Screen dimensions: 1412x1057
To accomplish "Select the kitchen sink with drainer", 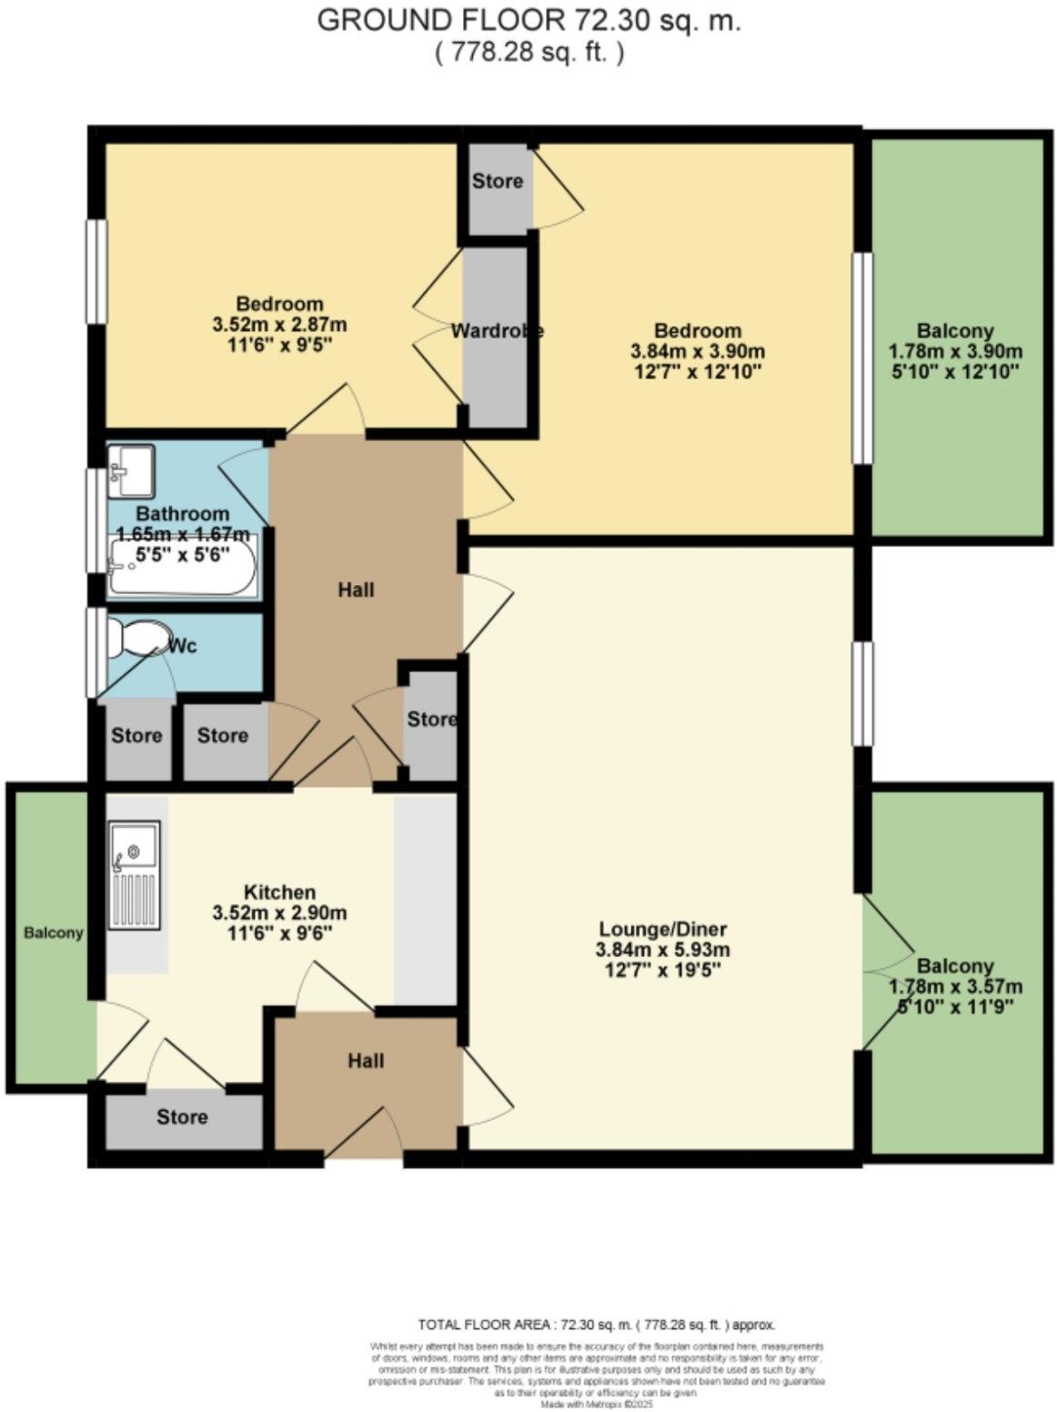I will pos(135,874).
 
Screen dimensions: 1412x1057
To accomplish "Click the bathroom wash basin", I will pos(132,470).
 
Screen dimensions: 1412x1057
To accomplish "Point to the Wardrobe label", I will pos(497,331).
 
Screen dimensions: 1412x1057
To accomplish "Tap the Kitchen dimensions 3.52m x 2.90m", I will pos(278,913).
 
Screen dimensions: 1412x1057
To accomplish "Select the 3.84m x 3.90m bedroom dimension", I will pos(697,351).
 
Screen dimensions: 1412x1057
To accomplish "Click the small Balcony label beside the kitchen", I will pos(54,933).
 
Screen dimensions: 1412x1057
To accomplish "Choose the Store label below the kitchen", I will pos(182,1116).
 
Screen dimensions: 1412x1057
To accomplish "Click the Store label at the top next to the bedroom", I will pos(498,181).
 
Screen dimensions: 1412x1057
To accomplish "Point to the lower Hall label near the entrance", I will pos(366,1061).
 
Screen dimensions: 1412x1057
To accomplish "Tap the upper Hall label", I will pos(356,590).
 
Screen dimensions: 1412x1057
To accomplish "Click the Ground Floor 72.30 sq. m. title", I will pos(528,21).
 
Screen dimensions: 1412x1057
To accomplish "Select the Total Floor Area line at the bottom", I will pos(596,1325).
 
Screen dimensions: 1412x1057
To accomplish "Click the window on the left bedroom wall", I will pos(96,271).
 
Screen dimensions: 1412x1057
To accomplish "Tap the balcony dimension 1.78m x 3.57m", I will pos(955,986).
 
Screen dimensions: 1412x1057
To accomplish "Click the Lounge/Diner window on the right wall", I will pos(861,693).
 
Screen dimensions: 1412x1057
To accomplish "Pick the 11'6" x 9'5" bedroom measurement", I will pos(278,345).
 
